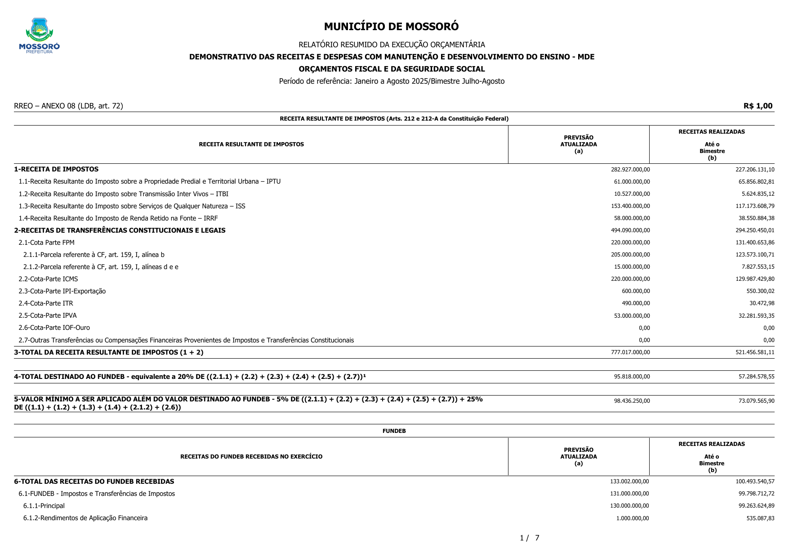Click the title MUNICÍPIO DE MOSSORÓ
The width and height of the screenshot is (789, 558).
(391, 27)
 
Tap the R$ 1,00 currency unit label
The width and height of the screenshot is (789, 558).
(758, 106)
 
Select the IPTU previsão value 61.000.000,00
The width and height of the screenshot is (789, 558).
(632, 182)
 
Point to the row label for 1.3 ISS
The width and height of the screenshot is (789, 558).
(132, 206)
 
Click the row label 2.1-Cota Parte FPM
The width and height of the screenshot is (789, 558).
(46, 243)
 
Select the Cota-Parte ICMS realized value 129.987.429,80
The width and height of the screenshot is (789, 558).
(755, 279)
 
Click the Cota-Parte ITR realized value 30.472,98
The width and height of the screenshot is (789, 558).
(762, 303)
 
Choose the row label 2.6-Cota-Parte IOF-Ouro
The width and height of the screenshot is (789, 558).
(54, 328)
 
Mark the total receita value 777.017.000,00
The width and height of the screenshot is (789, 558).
(630, 352)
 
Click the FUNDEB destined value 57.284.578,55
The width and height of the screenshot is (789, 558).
(756, 377)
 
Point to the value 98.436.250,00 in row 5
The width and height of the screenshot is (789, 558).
(632, 401)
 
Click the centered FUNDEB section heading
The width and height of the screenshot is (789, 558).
(394, 431)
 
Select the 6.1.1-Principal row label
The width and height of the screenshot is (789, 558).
(44, 506)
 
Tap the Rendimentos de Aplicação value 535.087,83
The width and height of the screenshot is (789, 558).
(760, 518)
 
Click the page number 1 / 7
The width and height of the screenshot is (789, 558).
(529, 538)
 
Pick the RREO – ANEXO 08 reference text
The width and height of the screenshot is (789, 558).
(68, 106)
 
